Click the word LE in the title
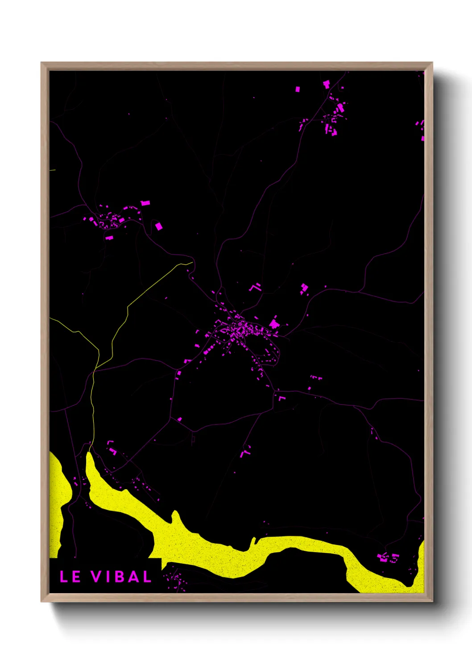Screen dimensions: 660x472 (70, 577)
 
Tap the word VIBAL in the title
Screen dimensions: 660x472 (121, 577)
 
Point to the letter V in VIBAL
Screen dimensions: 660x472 (96, 577)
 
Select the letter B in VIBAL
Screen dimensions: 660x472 (120, 577)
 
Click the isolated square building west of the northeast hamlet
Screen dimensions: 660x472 (298, 89)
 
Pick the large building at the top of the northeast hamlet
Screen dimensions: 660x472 (326, 84)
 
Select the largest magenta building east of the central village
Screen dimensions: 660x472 (273, 323)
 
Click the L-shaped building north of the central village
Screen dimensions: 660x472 (255, 287)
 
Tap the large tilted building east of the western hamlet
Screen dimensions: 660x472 (158, 227)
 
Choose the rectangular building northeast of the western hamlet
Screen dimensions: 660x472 (145, 203)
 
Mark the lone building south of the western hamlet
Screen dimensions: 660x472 (109, 238)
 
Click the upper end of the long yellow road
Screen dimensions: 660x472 (192, 263)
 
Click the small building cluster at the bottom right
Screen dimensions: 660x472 (387, 557)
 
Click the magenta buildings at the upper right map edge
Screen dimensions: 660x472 (421, 129)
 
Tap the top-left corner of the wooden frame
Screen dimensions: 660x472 (41, 63)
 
